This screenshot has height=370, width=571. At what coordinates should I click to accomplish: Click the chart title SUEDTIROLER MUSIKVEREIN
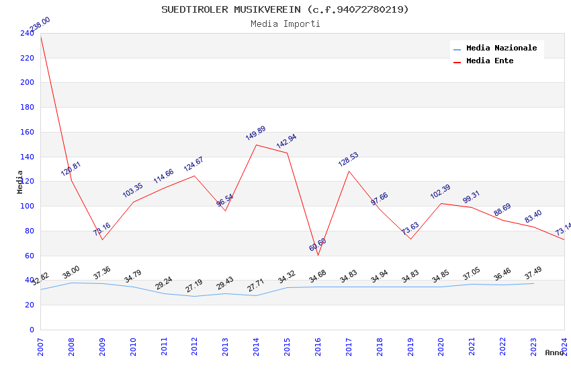coord(285,9)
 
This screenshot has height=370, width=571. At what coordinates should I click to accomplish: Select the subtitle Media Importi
coord(285,24)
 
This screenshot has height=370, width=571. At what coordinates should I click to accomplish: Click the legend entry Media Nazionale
coord(501,48)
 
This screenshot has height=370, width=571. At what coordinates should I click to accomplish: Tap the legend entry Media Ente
coord(490,61)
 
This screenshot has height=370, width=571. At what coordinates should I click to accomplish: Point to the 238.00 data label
coord(38,25)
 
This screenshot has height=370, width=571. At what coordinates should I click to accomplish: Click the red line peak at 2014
coord(256,145)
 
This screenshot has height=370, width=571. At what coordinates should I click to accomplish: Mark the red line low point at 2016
coord(318,255)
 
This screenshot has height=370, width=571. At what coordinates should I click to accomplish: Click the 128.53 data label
coord(348,159)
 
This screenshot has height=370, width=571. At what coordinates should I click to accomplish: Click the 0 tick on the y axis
coord(31,330)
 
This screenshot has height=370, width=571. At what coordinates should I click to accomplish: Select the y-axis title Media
coord(20,182)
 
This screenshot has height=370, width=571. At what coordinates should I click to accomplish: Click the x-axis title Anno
coord(554,353)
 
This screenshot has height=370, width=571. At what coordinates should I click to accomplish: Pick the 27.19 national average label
coord(193,285)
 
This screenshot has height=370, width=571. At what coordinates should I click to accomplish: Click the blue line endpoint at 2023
coord(533,283)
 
